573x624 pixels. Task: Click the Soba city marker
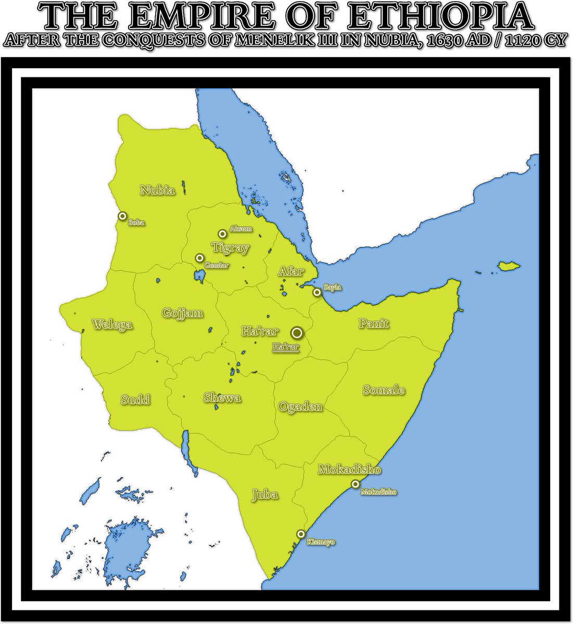coord(122,216)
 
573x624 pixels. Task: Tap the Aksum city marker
coord(222,234)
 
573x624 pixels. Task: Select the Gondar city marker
coord(199,258)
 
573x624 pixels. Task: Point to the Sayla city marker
coord(317,292)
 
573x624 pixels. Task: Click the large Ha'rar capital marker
coord(297,333)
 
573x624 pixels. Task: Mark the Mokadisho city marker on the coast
coord(355,484)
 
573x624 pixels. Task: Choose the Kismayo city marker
coord(301,534)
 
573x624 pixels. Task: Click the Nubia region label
coord(157,190)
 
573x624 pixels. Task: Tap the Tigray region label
coord(230,248)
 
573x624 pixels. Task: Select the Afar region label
coord(291,271)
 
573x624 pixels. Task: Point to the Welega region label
coord(112,325)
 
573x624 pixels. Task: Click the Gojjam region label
coord(182,313)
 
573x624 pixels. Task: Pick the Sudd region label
coord(135,399)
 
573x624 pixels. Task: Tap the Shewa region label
coord(222,398)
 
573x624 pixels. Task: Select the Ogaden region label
coord(300,407)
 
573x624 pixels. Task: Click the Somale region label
coord(384,390)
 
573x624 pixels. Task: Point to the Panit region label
coord(374,323)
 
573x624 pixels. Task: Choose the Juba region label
coord(265,494)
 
